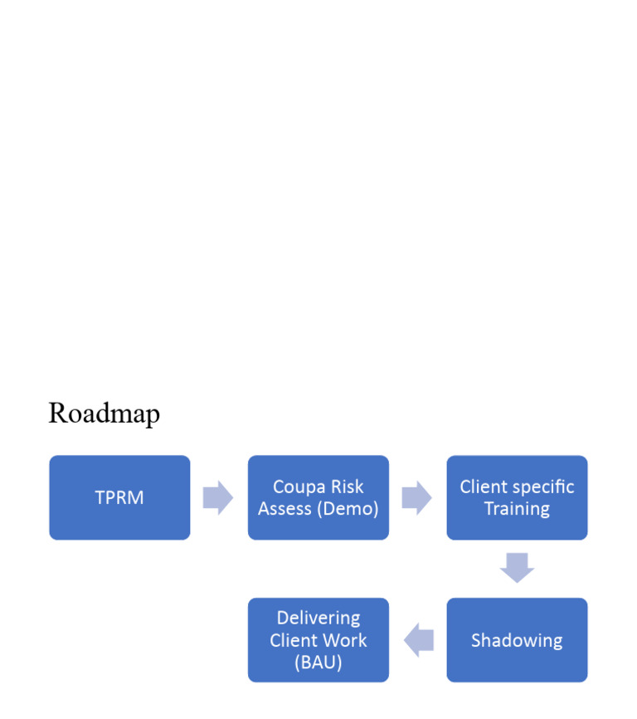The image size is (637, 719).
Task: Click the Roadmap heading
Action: pos(104,413)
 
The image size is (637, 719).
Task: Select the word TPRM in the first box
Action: pos(119,498)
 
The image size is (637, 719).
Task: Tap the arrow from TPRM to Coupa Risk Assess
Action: pos(218,498)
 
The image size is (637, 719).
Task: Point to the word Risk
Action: pos(348,487)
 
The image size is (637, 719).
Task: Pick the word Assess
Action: pos(284,508)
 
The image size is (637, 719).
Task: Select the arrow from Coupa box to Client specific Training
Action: pos(416,498)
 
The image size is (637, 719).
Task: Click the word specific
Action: pos(543,487)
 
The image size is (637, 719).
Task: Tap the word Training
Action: pos(517,508)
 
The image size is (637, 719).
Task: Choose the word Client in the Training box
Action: pos(484,487)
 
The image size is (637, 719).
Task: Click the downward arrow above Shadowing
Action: pos(517,568)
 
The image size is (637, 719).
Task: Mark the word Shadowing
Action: pos(517,640)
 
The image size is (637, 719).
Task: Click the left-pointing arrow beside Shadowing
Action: pos(419,640)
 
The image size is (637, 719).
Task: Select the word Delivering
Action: pos(318,618)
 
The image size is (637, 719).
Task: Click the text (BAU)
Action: pos(318,663)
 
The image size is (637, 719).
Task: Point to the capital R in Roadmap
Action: pos(56,413)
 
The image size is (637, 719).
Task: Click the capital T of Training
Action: pos(489,508)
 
